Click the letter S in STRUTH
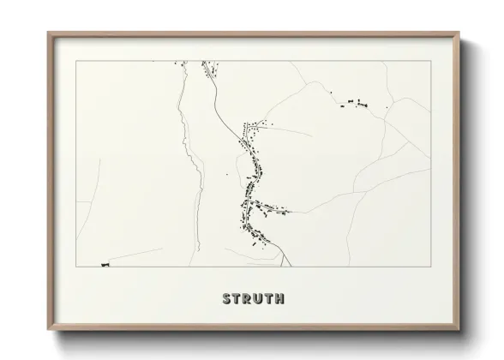[227, 299]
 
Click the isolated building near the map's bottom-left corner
[105, 264]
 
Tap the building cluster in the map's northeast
[353, 105]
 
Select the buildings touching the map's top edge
[207, 64]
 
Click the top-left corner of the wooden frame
[49, 33]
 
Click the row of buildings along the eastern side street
[272, 208]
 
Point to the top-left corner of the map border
[76, 61]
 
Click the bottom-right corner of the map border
[430, 267]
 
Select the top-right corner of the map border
[430, 61]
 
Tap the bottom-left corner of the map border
[76, 267]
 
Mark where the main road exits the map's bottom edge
[294, 266]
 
